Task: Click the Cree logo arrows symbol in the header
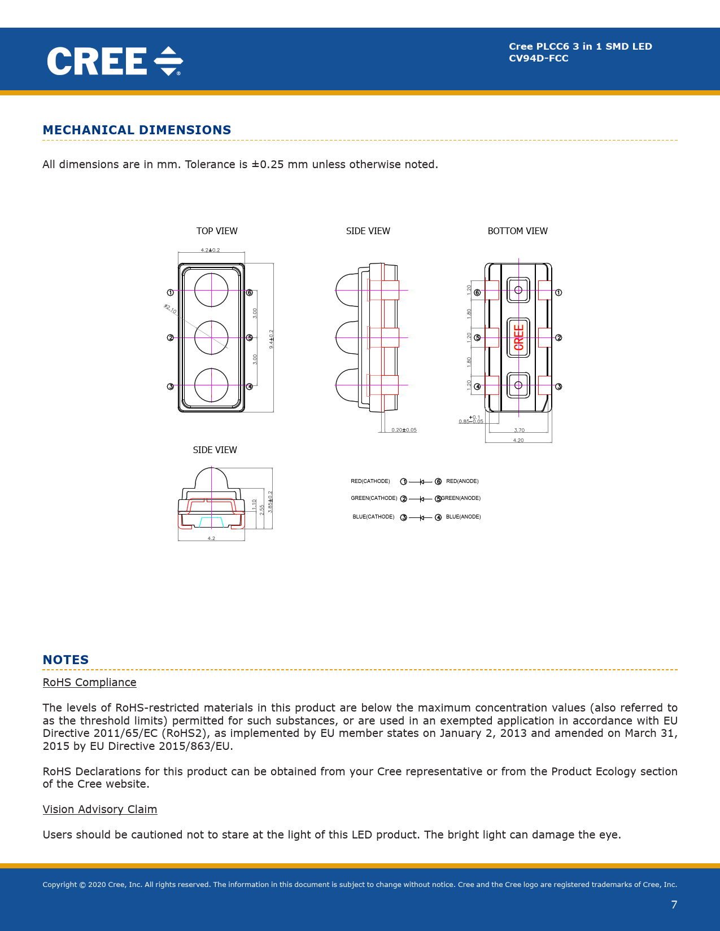pos(168,61)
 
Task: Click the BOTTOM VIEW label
pos(517,231)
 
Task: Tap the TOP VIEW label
pos(217,231)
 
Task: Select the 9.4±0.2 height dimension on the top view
pos(271,339)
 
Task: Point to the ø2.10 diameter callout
pos(170,309)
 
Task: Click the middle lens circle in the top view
pos(211,337)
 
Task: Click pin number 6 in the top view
pos(249,292)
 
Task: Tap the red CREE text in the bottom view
pos(518,337)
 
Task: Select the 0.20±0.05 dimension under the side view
pos(404,430)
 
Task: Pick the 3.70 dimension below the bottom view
pos(519,430)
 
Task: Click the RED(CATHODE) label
pos(370,481)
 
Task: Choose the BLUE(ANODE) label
pos(463,517)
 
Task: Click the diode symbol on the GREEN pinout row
pos(421,499)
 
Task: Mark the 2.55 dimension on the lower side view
pos(261,509)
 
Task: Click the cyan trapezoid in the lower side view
pos(211,521)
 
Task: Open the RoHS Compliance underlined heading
pos(89,682)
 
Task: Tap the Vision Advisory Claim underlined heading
pos(100,809)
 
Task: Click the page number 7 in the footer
pos(674,904)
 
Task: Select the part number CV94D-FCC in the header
pos(538,58)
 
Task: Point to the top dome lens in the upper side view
pos(347,290)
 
